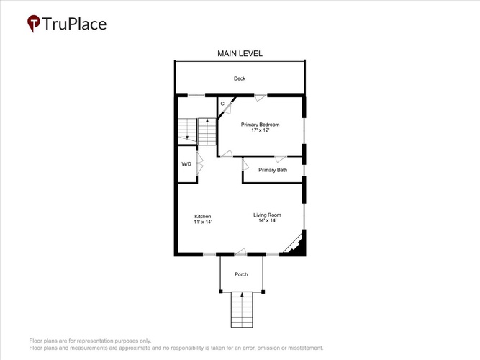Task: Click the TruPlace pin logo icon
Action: click(34, 23)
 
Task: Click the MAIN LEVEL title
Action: click(240, 53)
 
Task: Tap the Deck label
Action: click(240, 78)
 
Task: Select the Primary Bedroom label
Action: click(260, 125)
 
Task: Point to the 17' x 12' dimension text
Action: click(261, 130)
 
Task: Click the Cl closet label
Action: click(223, 104)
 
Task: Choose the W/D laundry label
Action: click(186, 164)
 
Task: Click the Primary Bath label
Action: click(273, 170)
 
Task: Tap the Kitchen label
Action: click(203, 216)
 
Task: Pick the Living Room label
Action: click(267, 215)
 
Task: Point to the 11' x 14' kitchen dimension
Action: click(203, 222)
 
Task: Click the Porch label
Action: click(241, 274)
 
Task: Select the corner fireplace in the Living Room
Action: click(295, 244)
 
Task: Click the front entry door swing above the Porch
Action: click(241, 251)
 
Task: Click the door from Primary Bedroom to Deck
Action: click(261, 97)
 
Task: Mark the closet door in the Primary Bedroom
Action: click(228, 108)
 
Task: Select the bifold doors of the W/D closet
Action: click(199, 163)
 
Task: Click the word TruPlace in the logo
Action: click(74, 24)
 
